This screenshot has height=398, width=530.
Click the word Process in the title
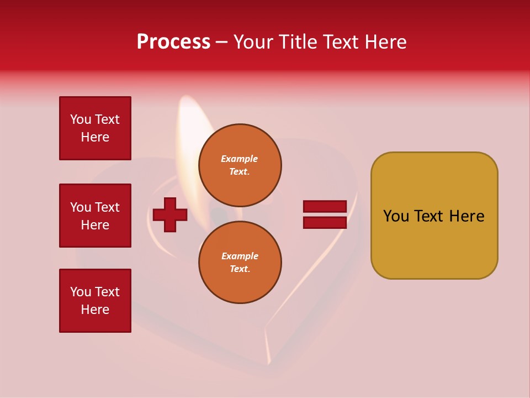tap(173, 42)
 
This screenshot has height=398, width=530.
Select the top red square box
tap(95, 128)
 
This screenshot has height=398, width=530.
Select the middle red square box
tap(95, 216)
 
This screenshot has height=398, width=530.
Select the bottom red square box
tap(95, 301)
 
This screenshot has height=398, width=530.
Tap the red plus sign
tap(170, 214)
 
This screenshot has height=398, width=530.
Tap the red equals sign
tap(325, 214)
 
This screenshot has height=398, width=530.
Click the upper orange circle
tap(240, 165)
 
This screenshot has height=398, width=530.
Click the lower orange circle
tap(240, 262)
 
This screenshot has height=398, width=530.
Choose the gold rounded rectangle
tap(434, 216)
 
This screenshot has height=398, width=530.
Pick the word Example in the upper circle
tap(240, 159)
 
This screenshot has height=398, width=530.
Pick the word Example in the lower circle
tap(240, 256)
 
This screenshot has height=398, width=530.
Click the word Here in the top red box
tap(95, 137)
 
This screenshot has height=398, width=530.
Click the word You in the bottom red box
tap(81, 292)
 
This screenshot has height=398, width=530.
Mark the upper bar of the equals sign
tap(325, 207)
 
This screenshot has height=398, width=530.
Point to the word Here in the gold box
tap(467, 216)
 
